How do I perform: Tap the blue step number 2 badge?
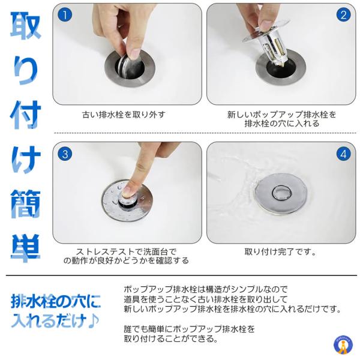coord(343,15)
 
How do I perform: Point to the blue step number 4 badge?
coord(343,154)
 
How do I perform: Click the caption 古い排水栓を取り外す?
coord(124,114)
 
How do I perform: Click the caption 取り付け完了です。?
coord(280,252)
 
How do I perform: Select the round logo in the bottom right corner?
coord(343,344)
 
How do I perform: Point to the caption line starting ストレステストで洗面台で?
coord(126,252)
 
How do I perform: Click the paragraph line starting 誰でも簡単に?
coord(190,329)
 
